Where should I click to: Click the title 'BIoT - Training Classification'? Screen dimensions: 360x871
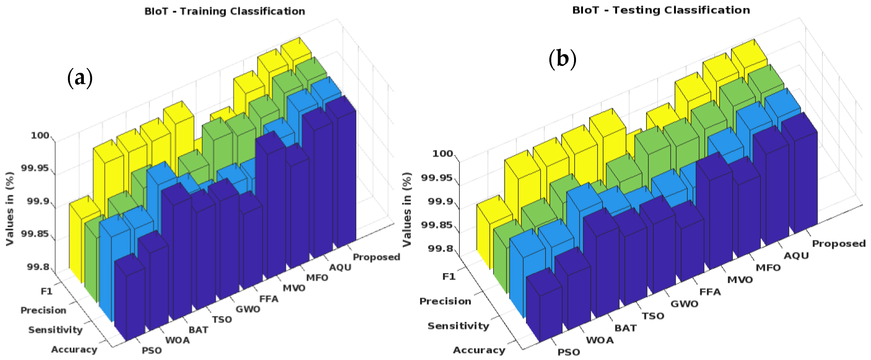pyautogui.click(x=225, y=11)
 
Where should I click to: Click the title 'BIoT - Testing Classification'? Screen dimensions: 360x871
pyautogui.click(x=661, y=10)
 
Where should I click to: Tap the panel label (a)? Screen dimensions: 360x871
pyautogui.click(x=80, y=78)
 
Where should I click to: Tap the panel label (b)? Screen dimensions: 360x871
pyautogui.click(x=562, y=59)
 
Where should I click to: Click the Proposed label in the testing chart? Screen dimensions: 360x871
pyautogui.click(x=839, y=243)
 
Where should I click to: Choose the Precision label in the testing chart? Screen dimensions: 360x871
pyautogui.click(x=445, y=301)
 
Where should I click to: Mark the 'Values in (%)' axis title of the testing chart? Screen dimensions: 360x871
pyautogui.click(x=407, y=210)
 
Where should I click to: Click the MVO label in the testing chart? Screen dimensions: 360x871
pyautogui.click(x=740, y=279)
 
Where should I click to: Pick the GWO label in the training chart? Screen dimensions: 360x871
pyautogui.click(x=248, y=309)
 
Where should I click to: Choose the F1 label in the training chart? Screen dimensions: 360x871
pyautogui.click(x=47, y=291)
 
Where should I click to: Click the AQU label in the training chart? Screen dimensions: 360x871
pyautogui.click(x=340, y=267)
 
